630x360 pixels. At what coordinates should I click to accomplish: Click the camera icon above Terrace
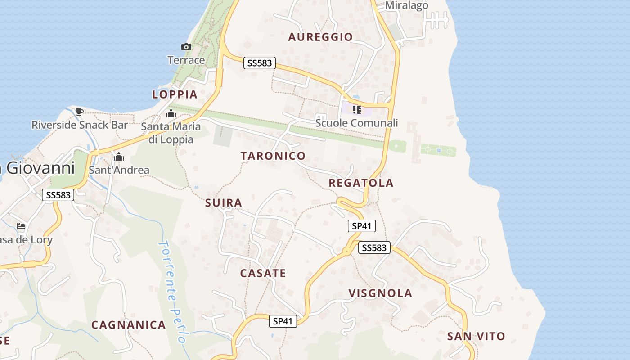[x=186, y=47]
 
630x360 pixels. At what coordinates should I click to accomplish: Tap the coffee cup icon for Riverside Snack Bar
[x=80, y=112]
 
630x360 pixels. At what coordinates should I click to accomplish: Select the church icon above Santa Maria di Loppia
[x=171, y=113]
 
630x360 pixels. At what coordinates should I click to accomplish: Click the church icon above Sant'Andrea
[x=119, y=157]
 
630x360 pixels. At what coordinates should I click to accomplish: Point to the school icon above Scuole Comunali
[x=357, y=109]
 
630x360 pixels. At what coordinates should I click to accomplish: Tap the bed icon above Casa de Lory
[x=21, y=226]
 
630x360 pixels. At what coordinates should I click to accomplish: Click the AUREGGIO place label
[x=320, y=37]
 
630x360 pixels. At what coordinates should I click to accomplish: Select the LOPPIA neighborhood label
[x=175, y=94]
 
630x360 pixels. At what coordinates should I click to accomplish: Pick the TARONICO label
[x=273, y=156]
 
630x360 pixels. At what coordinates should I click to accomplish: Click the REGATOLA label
[x=361, y=183]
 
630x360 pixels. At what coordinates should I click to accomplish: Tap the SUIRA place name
[x=224, y=203]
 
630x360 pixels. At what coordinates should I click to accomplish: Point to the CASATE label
[x=263, y=273]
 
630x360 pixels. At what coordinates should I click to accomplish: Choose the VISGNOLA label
[x=381, y=293]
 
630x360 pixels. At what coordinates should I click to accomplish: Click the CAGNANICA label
[x=129, y=325]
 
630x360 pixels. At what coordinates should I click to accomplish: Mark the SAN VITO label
[x=476, y=336]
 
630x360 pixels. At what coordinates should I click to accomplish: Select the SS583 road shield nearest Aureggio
[x=260, y=63]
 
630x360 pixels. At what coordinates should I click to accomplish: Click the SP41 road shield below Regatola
[x=362, y=226]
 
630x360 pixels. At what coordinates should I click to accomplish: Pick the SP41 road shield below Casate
[x=283, y=321]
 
